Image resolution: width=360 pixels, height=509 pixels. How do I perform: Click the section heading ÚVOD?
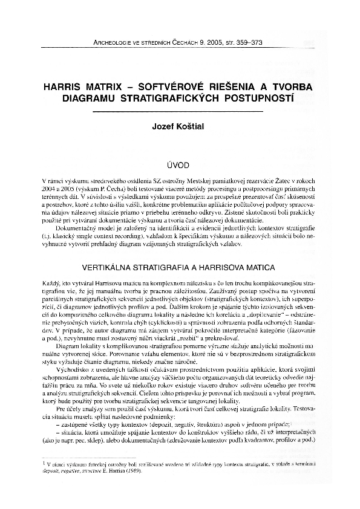[180, 164]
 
